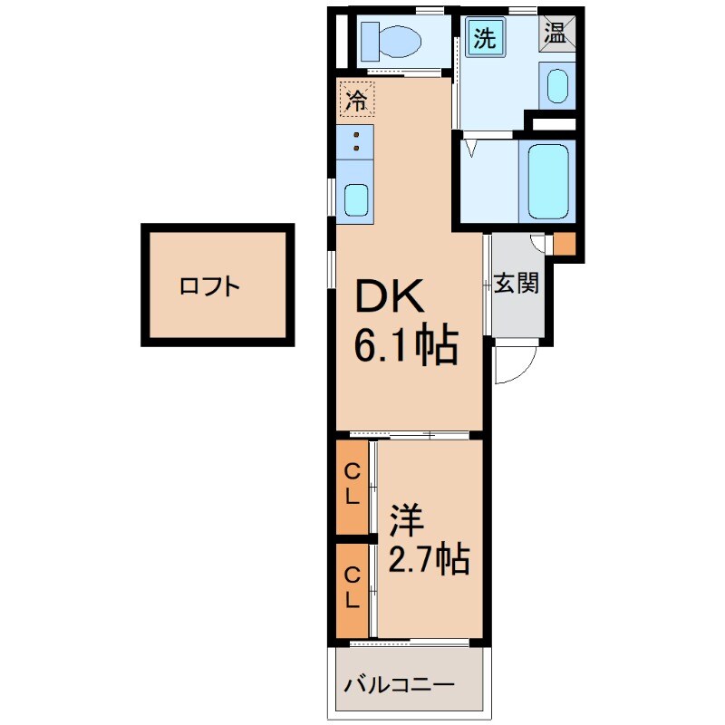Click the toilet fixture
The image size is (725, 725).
point(390,41)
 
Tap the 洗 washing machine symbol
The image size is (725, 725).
point(487,39)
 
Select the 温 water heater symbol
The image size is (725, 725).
point(555,34)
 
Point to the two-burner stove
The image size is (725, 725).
point(354,141)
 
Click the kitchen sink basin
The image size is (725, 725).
point(355,198)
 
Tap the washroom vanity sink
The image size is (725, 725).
point(556,87)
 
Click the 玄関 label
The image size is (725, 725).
point(517,284)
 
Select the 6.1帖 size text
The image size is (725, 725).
point(404,345)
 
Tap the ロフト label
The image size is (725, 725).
point(210,287)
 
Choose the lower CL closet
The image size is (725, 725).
point(352,587)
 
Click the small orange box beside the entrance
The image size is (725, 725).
point(564,244)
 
